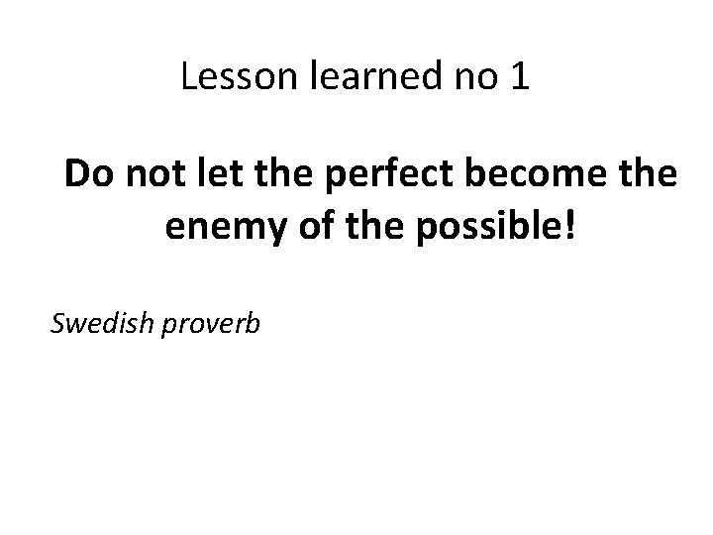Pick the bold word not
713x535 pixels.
[152, 175]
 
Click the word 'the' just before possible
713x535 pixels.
[348, 229]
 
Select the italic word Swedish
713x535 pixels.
[95, 323]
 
